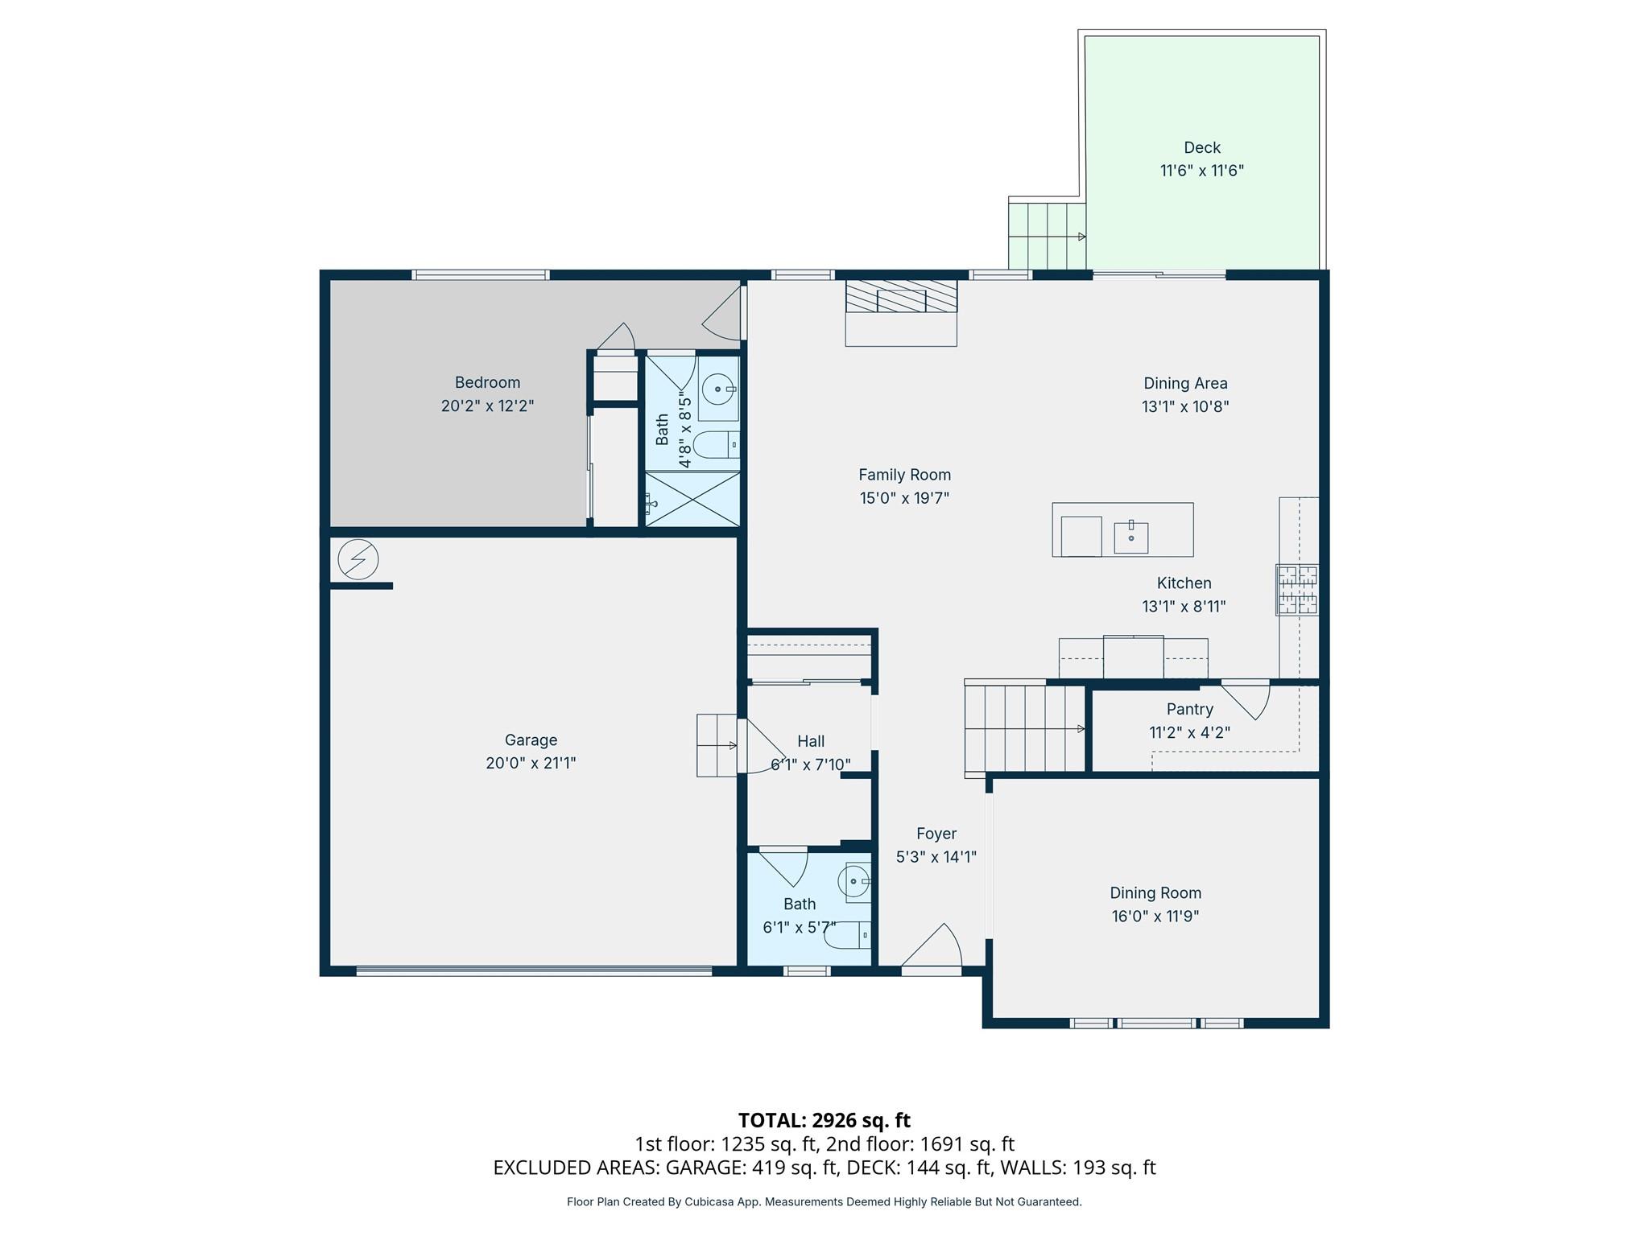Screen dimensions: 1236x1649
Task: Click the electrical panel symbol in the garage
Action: click(357, 559)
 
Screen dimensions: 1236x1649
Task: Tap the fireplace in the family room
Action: click(901, 297)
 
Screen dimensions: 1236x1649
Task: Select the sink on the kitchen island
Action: click(1130, 537)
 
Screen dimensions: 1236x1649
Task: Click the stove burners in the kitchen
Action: click(1296, 590)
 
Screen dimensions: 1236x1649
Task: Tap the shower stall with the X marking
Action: click(692, 499)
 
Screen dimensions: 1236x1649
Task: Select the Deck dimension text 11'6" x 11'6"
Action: click(1201, 171)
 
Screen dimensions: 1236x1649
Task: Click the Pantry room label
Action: click(1189, 709)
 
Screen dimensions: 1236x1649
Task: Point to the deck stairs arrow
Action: click(1081, 237)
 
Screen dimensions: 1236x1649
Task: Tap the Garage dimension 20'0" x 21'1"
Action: click(531, 763)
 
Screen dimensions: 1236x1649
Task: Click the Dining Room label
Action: click(1155, 892)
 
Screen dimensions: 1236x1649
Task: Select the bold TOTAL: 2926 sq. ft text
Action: click(824, 1120)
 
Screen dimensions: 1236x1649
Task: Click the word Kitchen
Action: click(1184, 583)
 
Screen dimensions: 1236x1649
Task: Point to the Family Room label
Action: click(904, 475)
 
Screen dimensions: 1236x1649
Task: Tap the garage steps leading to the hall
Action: click(716, 745)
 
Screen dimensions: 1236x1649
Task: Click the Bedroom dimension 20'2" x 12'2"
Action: click(487, 406)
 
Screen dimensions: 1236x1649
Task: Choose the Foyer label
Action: click(936, 834)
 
